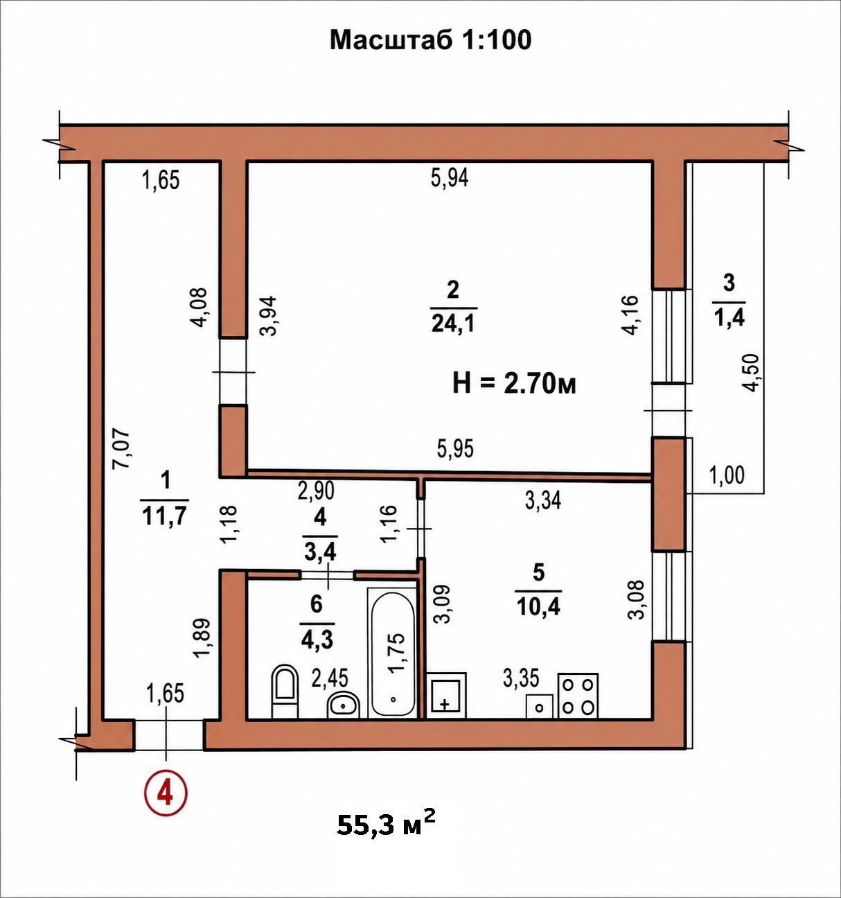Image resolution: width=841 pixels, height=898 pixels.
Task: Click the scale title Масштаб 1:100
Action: click(x=430, y=39)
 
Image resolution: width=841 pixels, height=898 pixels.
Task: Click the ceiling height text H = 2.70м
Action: click(x=515, y=385)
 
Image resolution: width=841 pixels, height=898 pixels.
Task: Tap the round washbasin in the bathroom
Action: click(x=343, y=705)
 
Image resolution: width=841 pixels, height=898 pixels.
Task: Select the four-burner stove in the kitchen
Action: click(x=578, y=696)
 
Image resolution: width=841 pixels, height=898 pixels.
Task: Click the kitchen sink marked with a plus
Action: click(x=446, y=695)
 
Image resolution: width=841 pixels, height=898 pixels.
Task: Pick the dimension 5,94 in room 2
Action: click(x=450, y=177)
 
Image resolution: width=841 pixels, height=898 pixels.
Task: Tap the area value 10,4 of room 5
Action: click(x=538, y=607)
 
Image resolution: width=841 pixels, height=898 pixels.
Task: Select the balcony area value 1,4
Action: click(x=729, y=318)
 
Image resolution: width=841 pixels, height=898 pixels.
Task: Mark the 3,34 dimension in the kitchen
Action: click(x=543, y=500)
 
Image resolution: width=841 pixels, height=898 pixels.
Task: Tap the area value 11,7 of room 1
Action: click(x=163, y=516)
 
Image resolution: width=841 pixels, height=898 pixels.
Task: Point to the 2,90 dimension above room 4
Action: click(x=316, y=491)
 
